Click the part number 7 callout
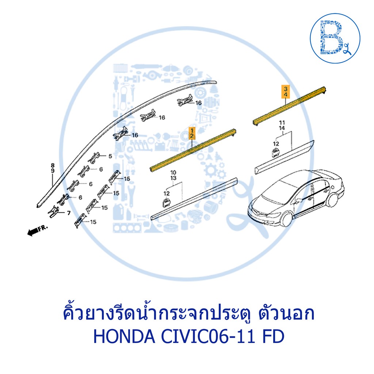click(69, 213)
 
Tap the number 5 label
click(110, 156)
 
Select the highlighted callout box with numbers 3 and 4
click(286, 92)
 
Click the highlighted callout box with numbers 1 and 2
click(192, 133)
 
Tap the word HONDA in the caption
click(124, 336)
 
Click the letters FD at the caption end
click(273, 336)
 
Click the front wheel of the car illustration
click(286, 219)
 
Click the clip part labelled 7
click(54, 212)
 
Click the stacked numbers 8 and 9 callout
click(53, 168)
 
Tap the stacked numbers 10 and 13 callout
click(173, 175)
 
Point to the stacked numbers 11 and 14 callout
click(282, 125)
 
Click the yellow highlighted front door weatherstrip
click(193, 150)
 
